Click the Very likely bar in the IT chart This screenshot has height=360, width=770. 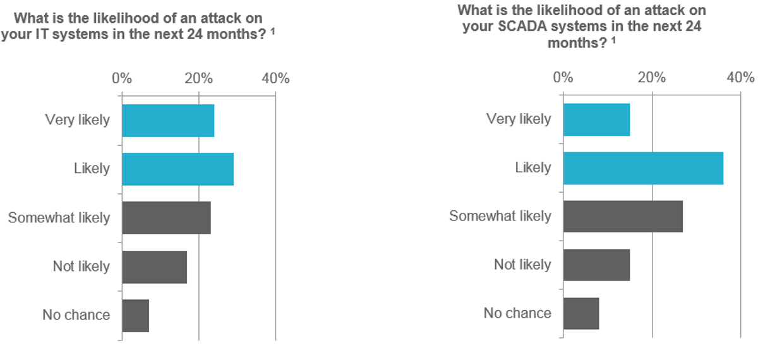coord(168,121)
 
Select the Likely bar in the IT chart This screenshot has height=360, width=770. coord(177,169)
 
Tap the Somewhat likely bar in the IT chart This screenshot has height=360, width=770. coord(166,218)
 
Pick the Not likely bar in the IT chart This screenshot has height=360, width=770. coord(154,267)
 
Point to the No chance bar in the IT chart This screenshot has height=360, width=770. coord(135,315)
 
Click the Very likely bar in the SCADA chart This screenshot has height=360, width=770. coord(596,119)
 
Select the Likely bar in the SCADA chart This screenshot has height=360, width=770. coord(643,168)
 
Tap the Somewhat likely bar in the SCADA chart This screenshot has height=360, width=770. coord(623,216)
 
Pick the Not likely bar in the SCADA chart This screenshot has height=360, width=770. coord(596,265)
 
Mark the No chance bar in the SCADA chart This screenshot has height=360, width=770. coord(581,313)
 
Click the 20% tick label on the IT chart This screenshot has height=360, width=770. coord(198,79)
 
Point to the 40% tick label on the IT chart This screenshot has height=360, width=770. coord(275,79)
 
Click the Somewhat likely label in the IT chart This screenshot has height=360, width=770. coord(59,218)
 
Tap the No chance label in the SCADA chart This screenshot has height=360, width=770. coord(517,313)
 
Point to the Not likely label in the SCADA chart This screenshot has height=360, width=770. coord(522,265)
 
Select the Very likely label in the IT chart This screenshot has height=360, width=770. coord(77,119)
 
